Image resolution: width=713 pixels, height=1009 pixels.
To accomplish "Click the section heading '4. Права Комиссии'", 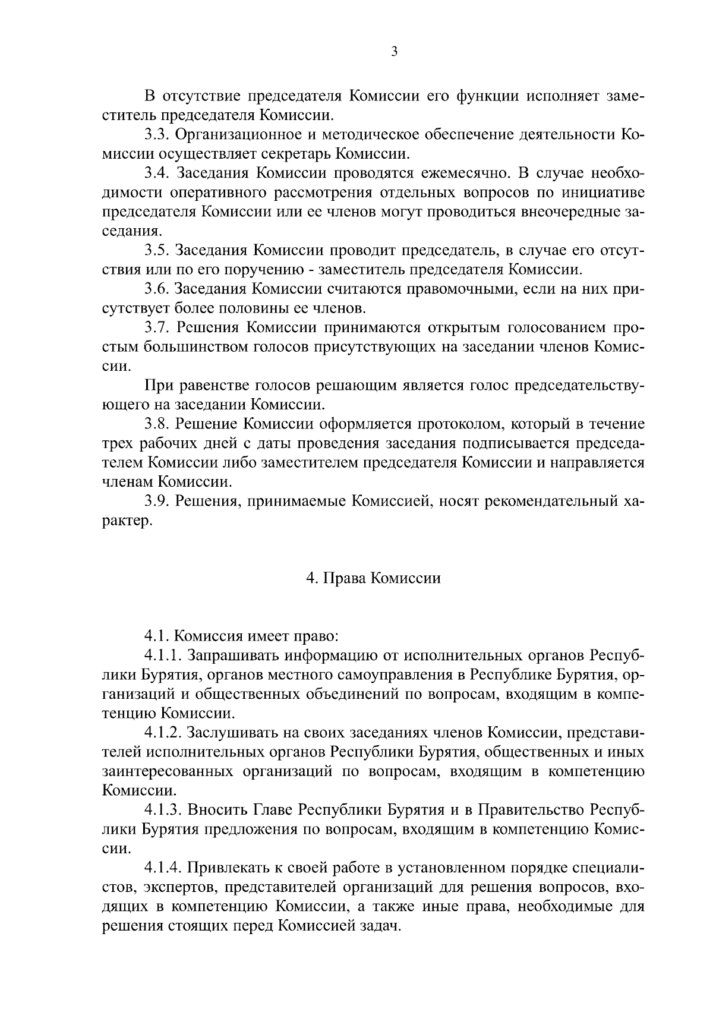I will point(373,578).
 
